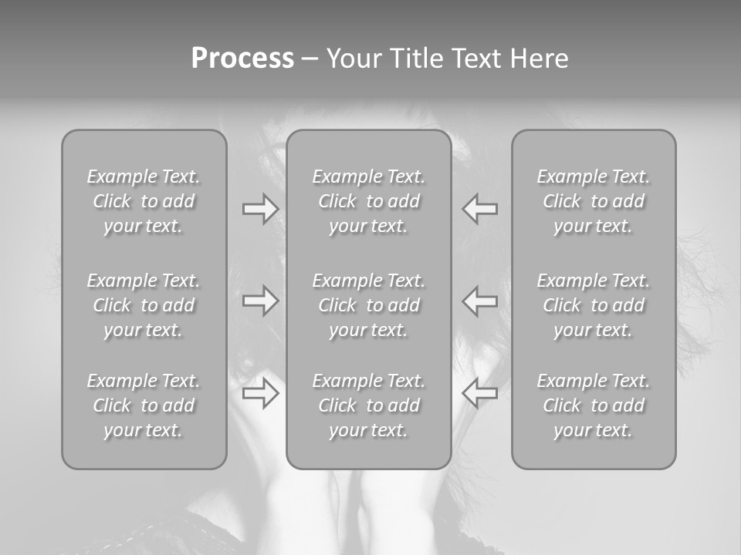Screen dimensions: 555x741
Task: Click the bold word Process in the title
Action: pos(242,59)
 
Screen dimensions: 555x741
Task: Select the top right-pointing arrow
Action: pos(260,209)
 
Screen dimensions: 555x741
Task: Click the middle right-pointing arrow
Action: pos(260,301)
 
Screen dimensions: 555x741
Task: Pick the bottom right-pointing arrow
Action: pos(260,393)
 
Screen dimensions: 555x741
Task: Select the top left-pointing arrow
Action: pos(480,209)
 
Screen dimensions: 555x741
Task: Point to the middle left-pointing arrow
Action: pos(480,301)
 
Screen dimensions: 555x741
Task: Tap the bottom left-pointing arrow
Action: pos(480,393)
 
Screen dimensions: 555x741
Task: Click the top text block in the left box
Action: pos(144,201)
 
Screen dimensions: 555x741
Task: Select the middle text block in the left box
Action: pos(144,305)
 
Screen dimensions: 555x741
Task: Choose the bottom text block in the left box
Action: pos(144,405)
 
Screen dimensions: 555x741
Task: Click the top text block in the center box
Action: pos(368,201)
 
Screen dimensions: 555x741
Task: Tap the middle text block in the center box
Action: pos(368,305)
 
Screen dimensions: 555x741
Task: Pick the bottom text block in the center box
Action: pos(368,405)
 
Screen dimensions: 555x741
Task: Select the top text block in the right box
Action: pos(593,201)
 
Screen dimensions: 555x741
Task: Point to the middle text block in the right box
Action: pos(593,305)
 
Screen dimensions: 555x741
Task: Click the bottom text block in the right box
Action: pos(593,405)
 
